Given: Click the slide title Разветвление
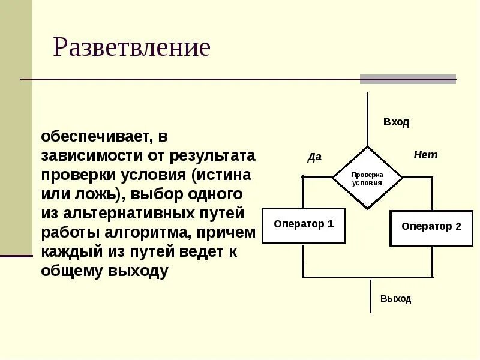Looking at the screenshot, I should click(131, 47).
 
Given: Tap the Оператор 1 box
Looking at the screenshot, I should click(304, 225).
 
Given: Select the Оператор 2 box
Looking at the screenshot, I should click(431, 227).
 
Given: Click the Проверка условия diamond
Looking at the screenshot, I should click(367, 178).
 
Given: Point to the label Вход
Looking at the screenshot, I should click(396, 122).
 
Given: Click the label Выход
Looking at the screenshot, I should click(395, 299).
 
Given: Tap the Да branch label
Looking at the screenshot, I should click(314, 157).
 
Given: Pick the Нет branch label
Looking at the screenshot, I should click(425, 155).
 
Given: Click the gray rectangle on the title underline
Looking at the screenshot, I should click(407, 79).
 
